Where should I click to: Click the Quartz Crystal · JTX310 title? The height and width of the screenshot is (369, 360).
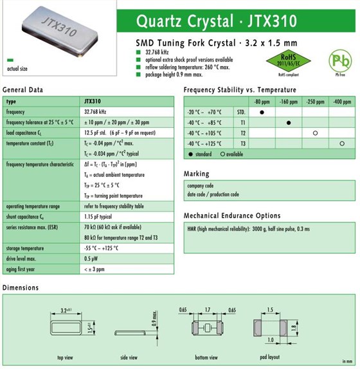[x=217, y=21]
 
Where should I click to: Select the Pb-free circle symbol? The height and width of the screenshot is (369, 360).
[x=340, y=61]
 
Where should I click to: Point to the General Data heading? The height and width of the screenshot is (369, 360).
[x=23, y=90]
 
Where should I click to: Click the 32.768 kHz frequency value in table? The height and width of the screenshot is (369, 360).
[x=95, y=112]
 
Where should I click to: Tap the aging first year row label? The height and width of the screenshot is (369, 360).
[x=22, y=269]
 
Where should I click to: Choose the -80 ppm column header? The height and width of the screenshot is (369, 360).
[x=262, y=102]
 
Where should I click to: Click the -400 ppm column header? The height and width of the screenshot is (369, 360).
[x=342, y=102]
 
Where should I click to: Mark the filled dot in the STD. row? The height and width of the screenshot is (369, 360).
[x=262, y=112]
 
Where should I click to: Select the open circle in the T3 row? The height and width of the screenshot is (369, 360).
[x=342, y=143]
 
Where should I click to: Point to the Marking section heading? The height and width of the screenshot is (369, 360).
[x=196, y=174]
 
